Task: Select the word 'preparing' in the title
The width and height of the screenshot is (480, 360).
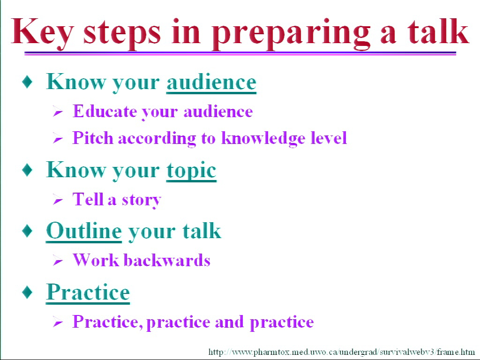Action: point(291,34)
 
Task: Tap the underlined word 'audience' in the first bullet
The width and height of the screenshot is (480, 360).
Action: point(211,82)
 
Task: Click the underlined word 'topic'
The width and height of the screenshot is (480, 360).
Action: point(191,171)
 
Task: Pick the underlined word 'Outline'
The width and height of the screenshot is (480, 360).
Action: point(84,231)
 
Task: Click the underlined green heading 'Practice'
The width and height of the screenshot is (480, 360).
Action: point(88,292)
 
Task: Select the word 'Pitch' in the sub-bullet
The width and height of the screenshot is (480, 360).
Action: point(93,138)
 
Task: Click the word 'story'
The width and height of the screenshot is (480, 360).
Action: point(142,200)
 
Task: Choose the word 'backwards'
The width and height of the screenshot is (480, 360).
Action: point(167,260)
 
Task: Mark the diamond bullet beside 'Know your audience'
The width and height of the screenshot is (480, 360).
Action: point(28,82)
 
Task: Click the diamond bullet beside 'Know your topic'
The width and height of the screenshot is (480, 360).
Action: point(28,170)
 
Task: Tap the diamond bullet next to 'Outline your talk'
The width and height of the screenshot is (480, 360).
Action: point(28,231)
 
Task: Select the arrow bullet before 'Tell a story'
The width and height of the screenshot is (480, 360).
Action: point(58,200)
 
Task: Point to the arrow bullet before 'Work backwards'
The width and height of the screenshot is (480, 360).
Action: point(58,261)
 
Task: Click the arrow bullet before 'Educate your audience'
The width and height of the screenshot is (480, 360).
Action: point(58,112)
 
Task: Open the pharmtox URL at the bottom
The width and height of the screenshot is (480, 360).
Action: point(342,352)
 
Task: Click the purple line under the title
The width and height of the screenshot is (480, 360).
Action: point(240,53)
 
